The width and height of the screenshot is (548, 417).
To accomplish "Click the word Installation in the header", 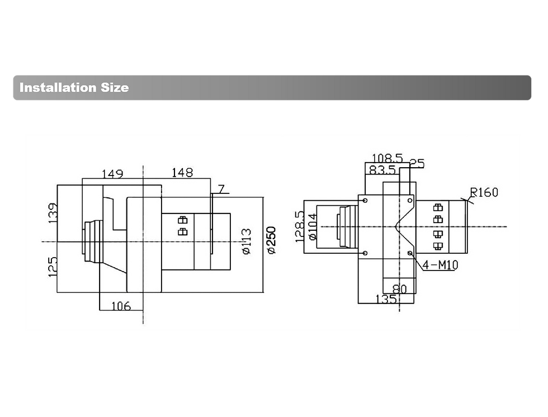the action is pyautogui.click(x=58, y=87).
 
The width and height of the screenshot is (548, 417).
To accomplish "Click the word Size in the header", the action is pyautogui.click(x=115, y=87).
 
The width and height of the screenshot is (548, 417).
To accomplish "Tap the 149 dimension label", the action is pyautogui.click(x=112, y=174).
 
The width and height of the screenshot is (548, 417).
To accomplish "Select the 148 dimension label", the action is pyautogui.click(x=182, y=172).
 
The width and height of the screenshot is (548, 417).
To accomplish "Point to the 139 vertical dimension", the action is pyautogui.click(x=52, y=213).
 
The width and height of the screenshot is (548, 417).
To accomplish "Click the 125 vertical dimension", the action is pyautogui.click(x=52, y=267).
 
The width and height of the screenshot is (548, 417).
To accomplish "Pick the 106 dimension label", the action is pyautogui.click(x=121, y=306).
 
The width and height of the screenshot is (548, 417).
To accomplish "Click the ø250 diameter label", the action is pyautogui.click(x=272, y=240).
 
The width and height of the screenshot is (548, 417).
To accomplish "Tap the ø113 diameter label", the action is pyautogui.click(x=247, y=241).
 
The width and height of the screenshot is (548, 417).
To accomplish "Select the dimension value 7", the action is pyautogui.click(x=221, y=189).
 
